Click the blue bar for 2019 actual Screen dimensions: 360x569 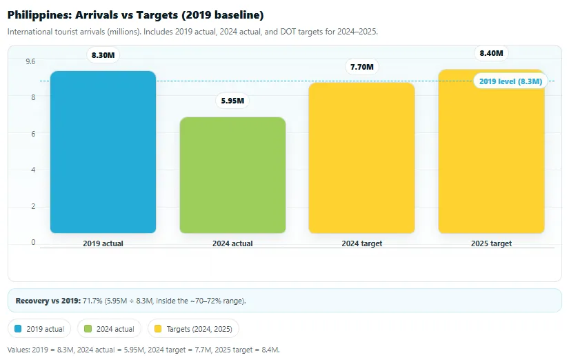click(103, 152)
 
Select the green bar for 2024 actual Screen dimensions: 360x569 click(232, 175)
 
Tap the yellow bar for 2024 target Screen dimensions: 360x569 click(361, 158)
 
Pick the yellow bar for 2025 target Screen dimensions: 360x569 click(491, 151)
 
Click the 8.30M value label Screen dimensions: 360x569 click(103, 55)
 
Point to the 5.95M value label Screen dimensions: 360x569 click(232, 101)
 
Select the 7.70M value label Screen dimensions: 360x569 click(361, 67)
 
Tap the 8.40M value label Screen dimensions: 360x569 click(491, 53)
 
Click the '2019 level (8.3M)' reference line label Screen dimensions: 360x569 click(510, 81)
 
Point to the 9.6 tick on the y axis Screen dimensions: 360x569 click(30, 61)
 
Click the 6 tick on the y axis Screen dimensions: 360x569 click(32, 133)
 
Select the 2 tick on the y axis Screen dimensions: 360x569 click(32, 206)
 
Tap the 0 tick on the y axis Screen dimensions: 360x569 click(32, 242)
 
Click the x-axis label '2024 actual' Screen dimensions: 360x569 click(232, 243)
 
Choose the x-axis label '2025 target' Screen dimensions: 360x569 click(491, 243)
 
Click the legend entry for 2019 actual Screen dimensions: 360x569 click(40, 329)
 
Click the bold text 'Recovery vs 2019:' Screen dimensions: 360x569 click(48, 301)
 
